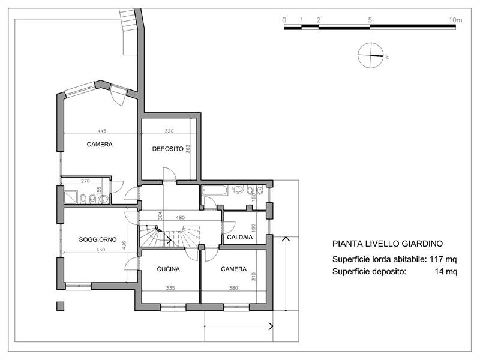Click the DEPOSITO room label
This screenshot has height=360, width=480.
click(167, 149)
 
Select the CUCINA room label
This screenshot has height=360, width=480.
click(170, 269)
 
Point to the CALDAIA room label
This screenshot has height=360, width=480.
click(239, 238)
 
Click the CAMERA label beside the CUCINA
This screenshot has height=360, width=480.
click(233, 269)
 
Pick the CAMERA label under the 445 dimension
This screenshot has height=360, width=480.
click(100, 144)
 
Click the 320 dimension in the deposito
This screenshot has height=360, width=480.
click(170, 130)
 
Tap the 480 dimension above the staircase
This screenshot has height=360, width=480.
click(180, 217)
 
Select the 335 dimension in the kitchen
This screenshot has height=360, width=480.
click(170, 289)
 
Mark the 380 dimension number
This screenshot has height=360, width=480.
click(233, 289)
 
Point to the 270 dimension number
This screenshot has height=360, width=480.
click(85, 181)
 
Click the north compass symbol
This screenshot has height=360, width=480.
click(370, 56)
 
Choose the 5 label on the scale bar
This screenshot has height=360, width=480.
click(370, 20)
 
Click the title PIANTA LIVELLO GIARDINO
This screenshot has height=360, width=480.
click(388, 244)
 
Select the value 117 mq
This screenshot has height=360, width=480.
click(443, 259)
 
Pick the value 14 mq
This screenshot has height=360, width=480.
click(446, 271)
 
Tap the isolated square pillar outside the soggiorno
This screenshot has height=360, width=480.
click(60, 306)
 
